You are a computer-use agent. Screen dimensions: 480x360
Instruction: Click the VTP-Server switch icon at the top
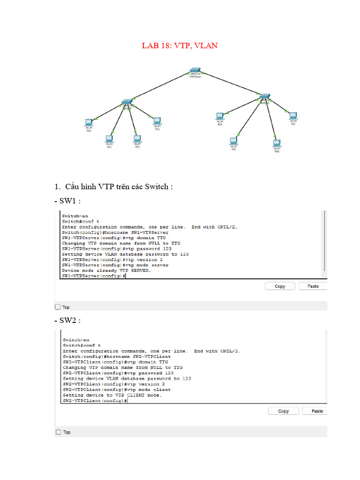click(x=195, y=70)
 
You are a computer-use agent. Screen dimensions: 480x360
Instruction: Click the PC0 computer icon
click(x=89, y=123)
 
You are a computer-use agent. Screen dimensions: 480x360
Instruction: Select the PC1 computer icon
click(x=109, y=139)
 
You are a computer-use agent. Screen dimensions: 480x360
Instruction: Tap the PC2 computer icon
click(x=137, y=139)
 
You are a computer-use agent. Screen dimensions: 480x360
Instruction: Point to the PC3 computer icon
click(x=157, y=121)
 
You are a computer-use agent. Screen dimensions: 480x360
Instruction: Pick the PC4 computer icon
click(x=219, y=116)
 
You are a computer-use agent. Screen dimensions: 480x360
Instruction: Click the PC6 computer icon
click(x=277, y=143)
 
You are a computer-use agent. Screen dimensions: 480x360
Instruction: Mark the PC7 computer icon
click(x=293, y=116)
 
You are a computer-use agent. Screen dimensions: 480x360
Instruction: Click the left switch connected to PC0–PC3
click(x=126, y=102)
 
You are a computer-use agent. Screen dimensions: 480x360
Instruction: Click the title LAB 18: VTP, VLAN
click(x=180, y=45)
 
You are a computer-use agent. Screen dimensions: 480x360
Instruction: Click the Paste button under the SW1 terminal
click(x=313, y=286)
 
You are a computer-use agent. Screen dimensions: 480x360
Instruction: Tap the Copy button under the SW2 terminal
click(x=283, y=411)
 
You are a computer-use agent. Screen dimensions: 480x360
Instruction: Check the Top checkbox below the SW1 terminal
click(x=58, y=307)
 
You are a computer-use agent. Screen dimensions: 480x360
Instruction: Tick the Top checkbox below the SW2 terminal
click(x=58, y=432)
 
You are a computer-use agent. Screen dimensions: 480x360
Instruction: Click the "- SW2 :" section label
click(x=67, y=321)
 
